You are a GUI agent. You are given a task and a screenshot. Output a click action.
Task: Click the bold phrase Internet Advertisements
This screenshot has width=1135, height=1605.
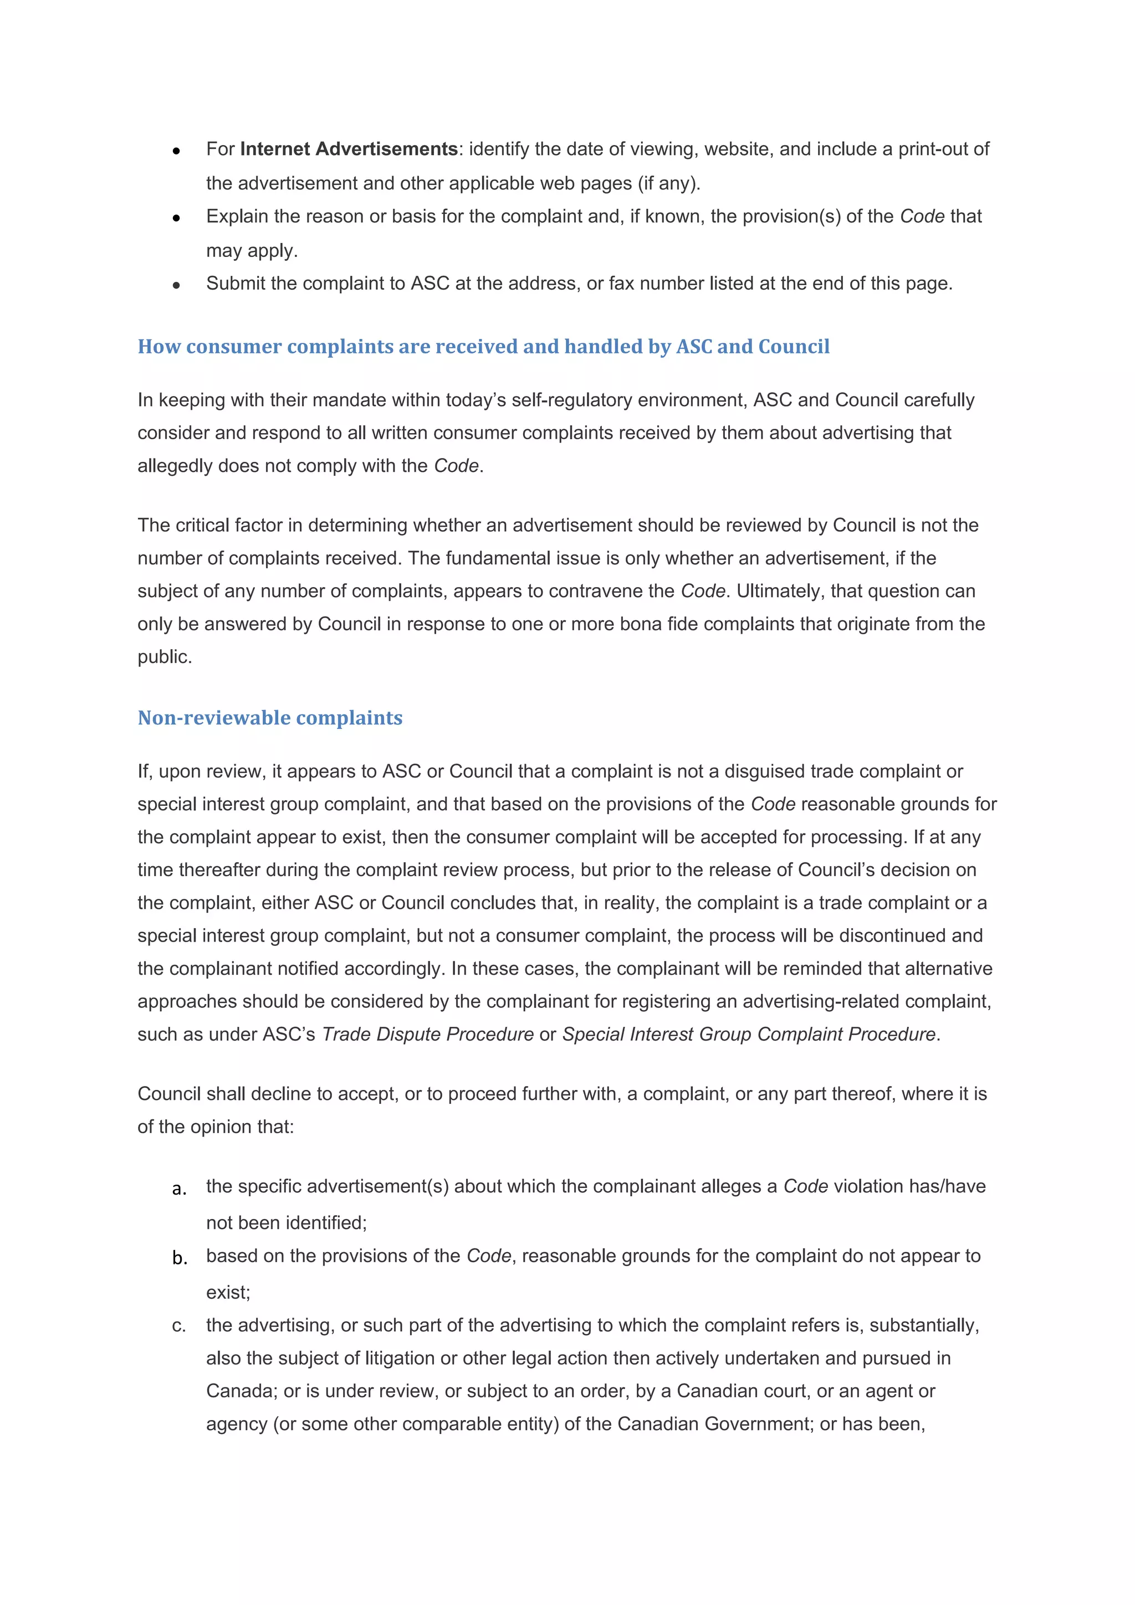click(348, 149)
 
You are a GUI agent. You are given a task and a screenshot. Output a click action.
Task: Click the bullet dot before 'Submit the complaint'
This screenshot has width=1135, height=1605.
click(176, 285)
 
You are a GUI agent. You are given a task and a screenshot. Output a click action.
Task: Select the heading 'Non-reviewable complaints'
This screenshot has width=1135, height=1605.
click(270, 718)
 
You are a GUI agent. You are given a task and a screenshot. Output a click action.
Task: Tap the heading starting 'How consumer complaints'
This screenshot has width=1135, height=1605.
click(483, 347)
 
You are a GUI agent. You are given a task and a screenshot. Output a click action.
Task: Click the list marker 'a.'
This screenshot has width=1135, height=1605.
click(179, 1189)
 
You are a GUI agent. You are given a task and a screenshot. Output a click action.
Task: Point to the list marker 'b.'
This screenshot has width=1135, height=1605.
click(180, 1258)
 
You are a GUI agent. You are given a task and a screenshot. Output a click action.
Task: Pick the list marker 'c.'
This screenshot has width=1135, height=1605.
click(179, 1325)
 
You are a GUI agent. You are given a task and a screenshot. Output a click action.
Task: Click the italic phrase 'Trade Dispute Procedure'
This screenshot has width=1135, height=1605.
click(427, 1034)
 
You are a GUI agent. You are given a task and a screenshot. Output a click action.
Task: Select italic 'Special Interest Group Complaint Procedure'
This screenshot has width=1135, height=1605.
click(748, 1034)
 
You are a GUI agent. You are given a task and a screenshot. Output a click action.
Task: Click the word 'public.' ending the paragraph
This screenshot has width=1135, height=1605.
click(165, 657)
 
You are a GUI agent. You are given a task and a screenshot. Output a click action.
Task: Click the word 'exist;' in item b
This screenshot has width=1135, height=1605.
click(228, 1292)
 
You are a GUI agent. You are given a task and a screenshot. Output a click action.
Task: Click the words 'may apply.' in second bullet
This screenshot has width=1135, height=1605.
click(252, 250)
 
